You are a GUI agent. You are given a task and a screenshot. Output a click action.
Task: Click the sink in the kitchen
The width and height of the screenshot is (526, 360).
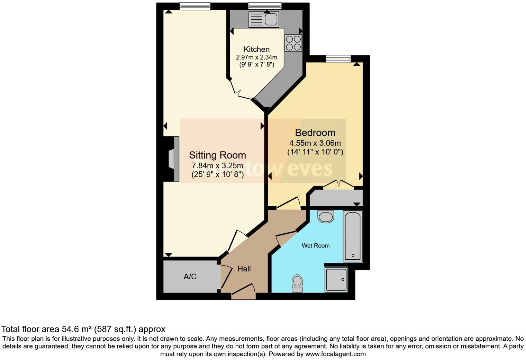coord(264,20)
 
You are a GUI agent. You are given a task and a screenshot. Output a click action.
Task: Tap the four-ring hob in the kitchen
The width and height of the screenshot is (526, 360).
coord(293,43)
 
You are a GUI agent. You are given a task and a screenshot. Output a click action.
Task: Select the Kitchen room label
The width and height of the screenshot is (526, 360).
coord(256,49)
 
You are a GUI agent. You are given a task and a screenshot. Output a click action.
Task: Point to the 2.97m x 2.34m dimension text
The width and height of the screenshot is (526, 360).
coord(256,57)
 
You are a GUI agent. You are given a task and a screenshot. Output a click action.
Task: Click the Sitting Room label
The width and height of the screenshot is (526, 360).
coord(217,155)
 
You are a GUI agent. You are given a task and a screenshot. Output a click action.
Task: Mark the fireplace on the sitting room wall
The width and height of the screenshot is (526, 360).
coord(172,159)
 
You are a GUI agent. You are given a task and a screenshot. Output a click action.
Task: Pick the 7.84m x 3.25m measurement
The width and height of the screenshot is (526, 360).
coord(217,166)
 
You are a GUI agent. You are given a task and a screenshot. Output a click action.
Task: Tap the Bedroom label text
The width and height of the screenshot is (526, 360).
coord(315,133)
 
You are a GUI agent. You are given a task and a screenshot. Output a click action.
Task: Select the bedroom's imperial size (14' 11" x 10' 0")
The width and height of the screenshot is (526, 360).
coord(315,152)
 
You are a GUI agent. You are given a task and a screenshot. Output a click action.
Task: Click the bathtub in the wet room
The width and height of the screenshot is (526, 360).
coord(353,236)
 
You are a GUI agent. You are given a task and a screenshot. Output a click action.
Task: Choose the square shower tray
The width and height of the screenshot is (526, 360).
coord(336,280)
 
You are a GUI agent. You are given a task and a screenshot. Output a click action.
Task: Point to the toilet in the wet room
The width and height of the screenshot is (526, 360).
coord(297,283)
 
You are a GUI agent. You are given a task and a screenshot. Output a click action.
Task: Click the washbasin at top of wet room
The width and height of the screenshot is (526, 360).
coord(326,216)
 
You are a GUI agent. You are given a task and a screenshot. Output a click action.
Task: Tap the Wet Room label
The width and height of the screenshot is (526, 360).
coord(316,246)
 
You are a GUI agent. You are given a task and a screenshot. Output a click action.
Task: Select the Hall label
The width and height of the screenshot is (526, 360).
coord(244,269)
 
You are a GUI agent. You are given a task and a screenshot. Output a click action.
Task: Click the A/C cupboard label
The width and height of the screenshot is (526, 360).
coord(190,277)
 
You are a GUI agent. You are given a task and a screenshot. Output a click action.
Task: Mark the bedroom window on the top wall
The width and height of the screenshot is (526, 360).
coord(338,59)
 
